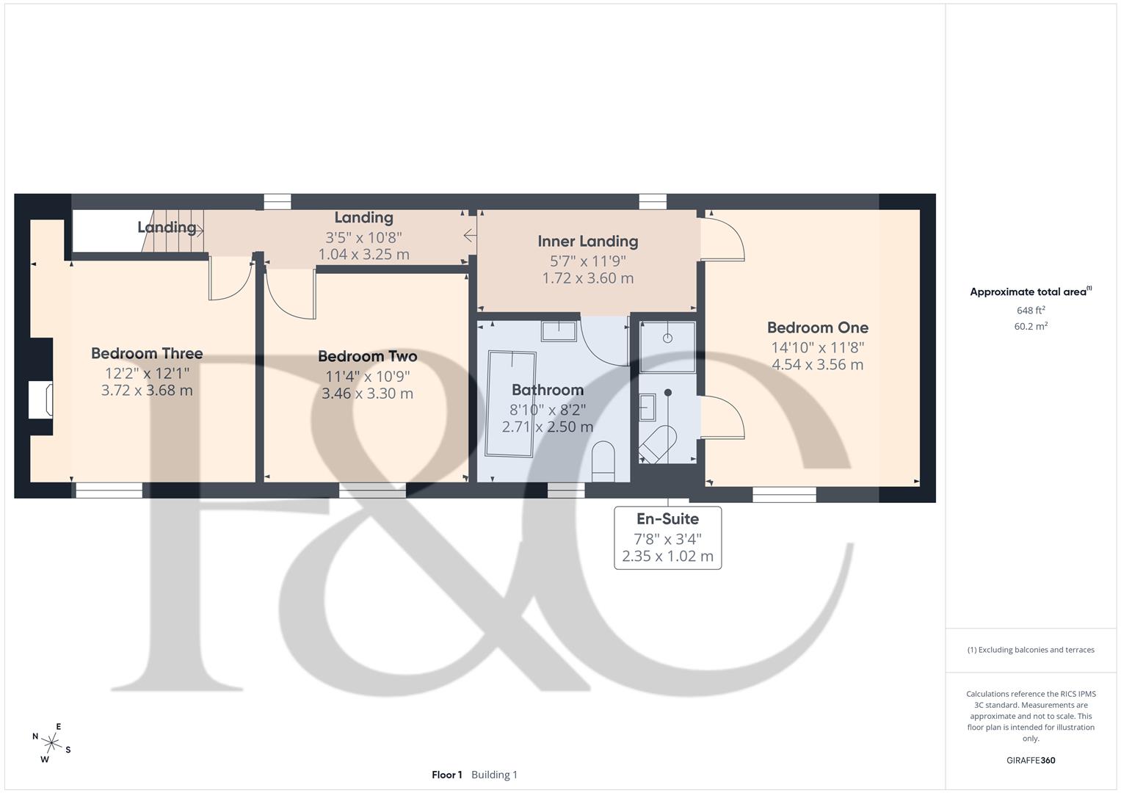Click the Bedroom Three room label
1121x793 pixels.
[x=147, y=354]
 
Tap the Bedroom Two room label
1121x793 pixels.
[x=367, y=357]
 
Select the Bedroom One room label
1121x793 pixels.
[x=817, y=328]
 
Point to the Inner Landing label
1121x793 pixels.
[x=587, y=242]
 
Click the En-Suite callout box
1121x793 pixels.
[x=667, y=537]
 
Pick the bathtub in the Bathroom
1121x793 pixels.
[x=511, y=404]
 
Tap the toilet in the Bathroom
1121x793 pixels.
[x=603, y=461]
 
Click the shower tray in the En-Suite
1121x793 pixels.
[x=667, y=346]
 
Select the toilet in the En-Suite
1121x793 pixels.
[x=657, y=443]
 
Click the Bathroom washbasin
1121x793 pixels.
[x=559, y=330]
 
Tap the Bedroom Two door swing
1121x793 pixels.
[x=289, y=294]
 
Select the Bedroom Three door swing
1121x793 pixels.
[x=230, y=279]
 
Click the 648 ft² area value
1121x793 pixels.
[x=1031, y=311]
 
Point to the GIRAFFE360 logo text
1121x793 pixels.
[x=1030, y=760]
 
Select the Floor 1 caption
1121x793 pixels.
[x=446, y=775]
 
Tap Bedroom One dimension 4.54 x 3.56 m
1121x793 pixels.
[x=817, y=365]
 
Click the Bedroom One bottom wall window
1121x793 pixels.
[x=784, y=495]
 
